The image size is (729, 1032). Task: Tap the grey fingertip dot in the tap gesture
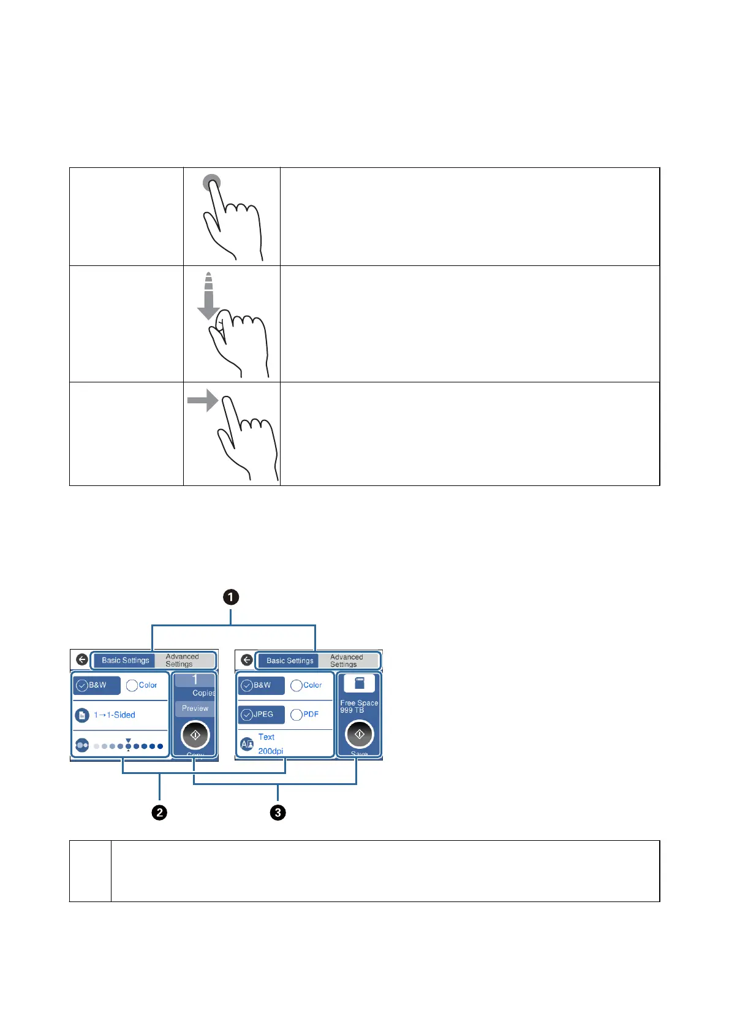pos(212,183)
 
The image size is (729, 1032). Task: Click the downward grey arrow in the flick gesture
pos(208,298)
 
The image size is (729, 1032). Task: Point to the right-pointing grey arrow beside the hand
pos(203,400)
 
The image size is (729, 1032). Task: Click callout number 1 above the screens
pos(231,597)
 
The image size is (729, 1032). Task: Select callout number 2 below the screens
pos(159,813)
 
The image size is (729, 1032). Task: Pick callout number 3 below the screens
pos(278,813)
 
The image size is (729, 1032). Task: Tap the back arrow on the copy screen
pos(82,660)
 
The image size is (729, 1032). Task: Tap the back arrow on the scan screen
pos(247,660)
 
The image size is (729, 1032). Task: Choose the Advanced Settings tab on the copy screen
pos(183,661)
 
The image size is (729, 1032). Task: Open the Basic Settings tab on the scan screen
pos(290,661)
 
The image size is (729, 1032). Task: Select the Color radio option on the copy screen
pos(142,685)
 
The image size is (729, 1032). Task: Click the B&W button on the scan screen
pos(261,685)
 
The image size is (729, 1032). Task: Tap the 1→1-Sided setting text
pos(115,715)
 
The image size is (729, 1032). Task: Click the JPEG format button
pos(261,715)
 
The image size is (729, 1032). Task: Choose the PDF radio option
pos(305,715)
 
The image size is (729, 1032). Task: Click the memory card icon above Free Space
pos(360,683)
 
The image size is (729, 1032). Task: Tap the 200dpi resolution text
pos(270,751)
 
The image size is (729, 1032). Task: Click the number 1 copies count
pos(195,680)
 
